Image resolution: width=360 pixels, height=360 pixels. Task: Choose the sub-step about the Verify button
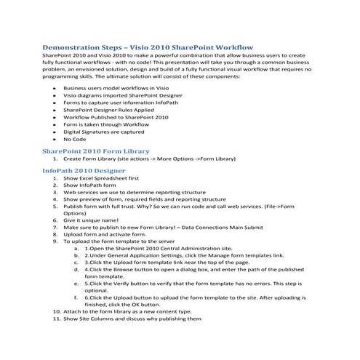pyautogui.click(x=196, y=285)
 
